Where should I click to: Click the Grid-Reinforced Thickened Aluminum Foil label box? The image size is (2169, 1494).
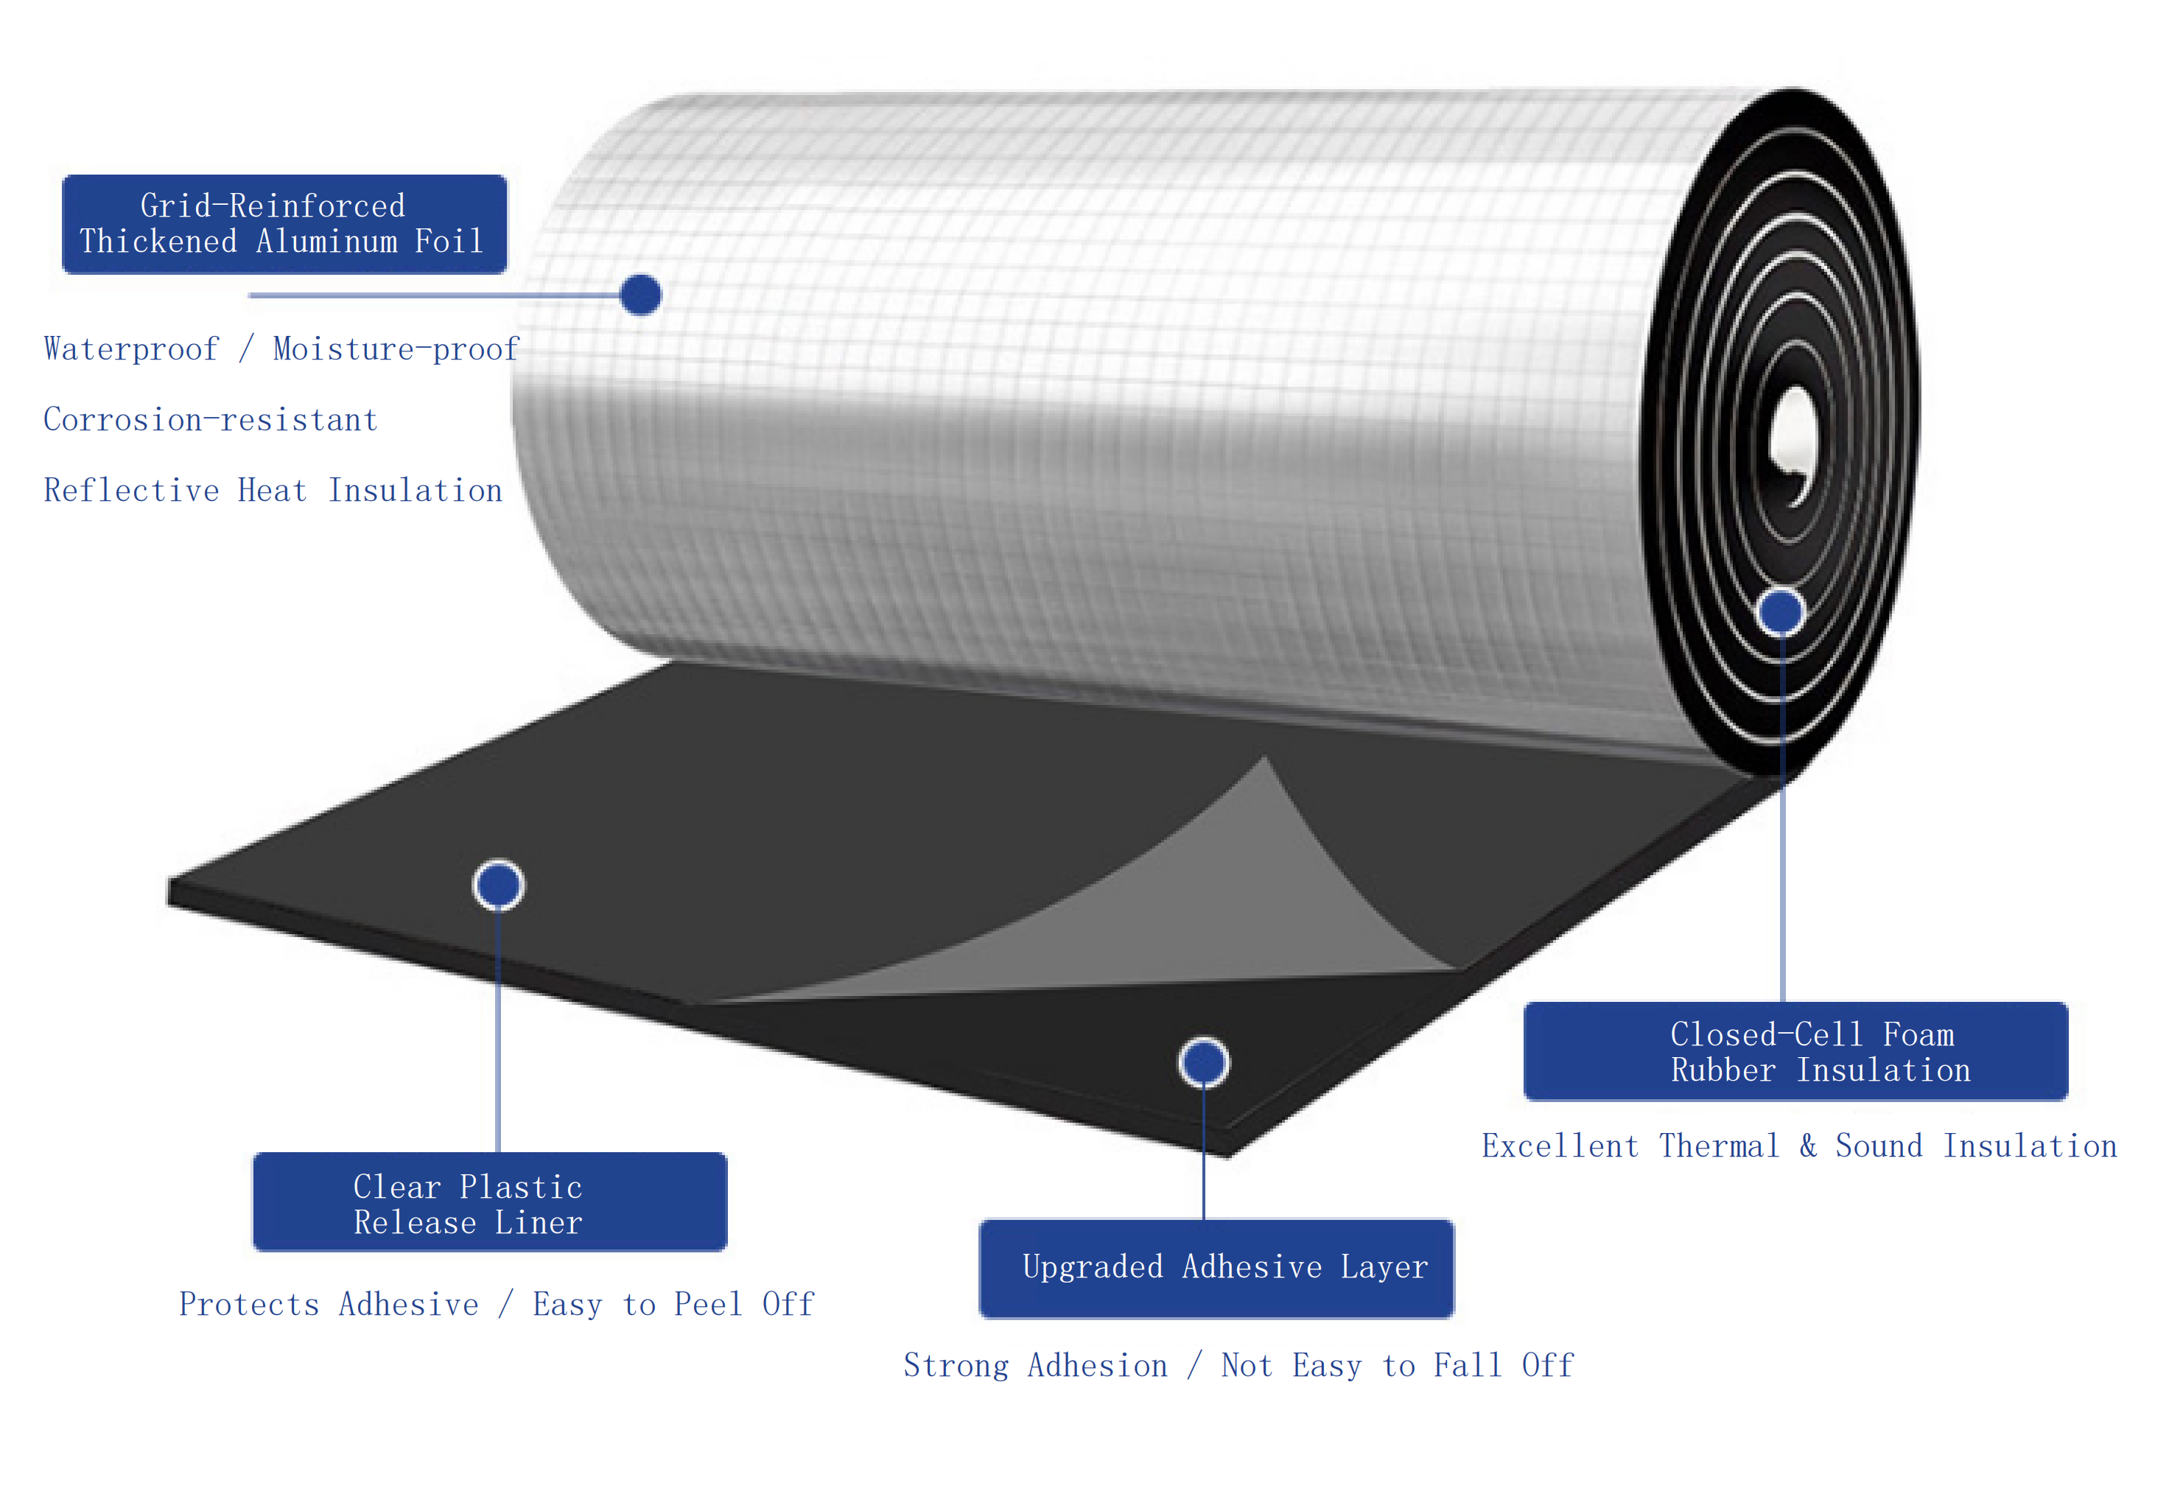[284, 224]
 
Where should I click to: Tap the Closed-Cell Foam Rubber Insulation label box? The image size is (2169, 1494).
[1795, 1051]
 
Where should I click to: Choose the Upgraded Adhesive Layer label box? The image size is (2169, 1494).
[1216, 1269]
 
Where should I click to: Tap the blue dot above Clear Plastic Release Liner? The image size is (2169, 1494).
[498, 885]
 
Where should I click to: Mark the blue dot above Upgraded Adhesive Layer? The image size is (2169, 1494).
[1203, 1062]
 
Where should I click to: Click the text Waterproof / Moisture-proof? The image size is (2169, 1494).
[281, 349]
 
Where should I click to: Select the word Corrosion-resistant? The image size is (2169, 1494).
[211, 419]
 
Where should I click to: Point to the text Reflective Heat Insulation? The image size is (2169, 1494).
[273, 491]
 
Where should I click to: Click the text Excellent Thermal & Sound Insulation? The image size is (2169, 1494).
[1798, 1146]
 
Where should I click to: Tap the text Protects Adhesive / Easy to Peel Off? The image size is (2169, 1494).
[496, 1304]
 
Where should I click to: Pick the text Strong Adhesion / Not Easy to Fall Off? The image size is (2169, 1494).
[1238, 1366]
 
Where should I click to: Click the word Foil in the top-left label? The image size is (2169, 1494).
[449, 242]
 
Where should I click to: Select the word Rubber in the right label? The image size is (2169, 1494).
[1723, 1070]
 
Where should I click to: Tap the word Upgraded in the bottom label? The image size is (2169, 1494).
[1092, 1267]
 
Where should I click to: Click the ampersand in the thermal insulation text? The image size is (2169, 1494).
[1807, 1146]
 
